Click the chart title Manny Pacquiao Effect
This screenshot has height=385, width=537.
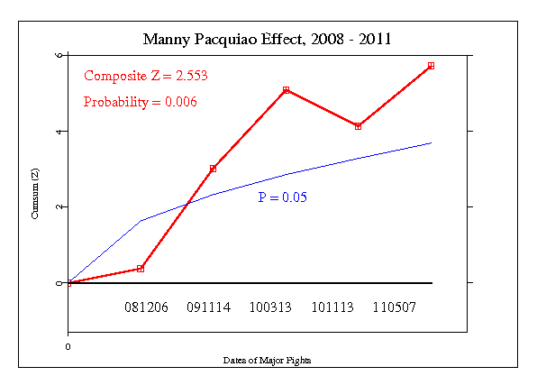click(x=268, y=40)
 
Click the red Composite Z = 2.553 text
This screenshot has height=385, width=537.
click(x=145, y=77)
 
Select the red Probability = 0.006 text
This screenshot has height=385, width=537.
click(x=140, y=102)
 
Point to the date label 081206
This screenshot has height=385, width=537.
click(x=146, y=307)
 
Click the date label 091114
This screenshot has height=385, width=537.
click(x=209, y=307)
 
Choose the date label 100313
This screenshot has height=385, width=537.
click(x=270, y=307)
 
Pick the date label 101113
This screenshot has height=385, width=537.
click(x=333, y=307)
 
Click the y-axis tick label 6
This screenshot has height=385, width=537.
click(x=59, y=55)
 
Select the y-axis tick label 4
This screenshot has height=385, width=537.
click(x=59, y=131)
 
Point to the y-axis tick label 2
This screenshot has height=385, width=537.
click(x=59, y=206)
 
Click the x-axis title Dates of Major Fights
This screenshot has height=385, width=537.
click(x=268, y=361)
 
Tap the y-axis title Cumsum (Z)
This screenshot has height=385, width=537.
click(x=35, y=197)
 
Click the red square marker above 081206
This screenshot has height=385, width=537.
click(x=141, y=269)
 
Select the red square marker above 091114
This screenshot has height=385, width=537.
click(x=214, y=169)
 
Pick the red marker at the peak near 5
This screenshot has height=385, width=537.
click(x=286, y=90)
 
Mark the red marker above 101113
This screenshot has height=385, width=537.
click(x=359, y=126)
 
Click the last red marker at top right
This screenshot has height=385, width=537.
click(x=432, y=66)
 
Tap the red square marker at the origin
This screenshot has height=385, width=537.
click(x=68, y=282)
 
